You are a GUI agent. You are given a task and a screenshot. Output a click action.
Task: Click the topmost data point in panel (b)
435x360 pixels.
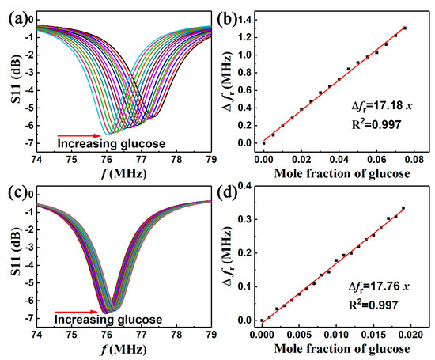[x=405, y=28]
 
